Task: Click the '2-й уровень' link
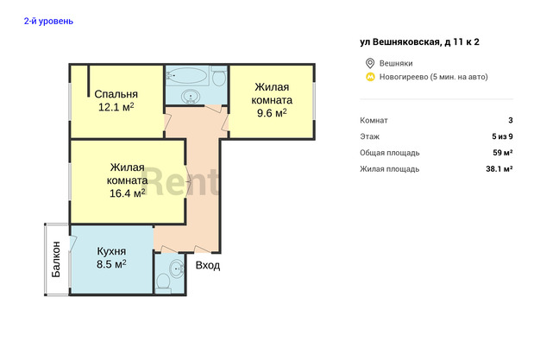(48, 21)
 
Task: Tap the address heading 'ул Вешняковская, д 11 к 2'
(419, 42)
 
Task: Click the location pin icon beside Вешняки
(370, 63)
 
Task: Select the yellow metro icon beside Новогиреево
(370, 77)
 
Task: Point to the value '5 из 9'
(502, 136)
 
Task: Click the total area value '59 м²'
(502, 153)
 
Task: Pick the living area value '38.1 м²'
(499, 169)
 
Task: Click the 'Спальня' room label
(116, 94)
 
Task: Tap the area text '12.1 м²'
(116, 107)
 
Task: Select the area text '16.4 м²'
(127, 193)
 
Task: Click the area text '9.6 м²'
(272, 113)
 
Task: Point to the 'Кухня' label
(111, 251)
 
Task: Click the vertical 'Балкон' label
(56, 259)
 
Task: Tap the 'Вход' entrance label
(208, 266)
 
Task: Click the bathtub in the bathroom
(186, 75)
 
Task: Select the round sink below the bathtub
(190, 96)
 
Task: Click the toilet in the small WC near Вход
(163, 283)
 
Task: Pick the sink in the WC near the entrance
(177, 268)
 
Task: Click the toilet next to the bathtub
(219, 76)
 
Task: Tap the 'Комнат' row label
(374, 120)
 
